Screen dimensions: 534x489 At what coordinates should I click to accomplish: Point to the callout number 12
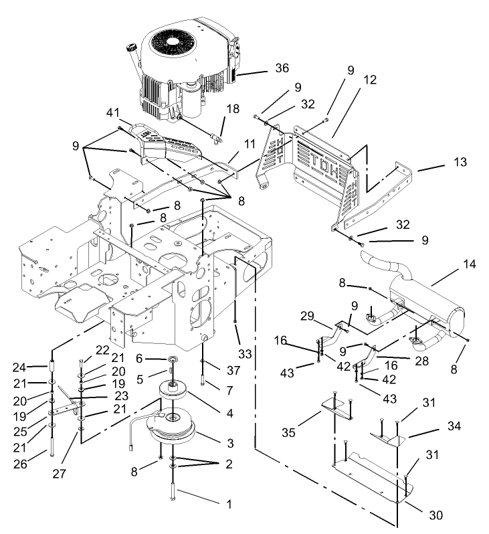pyautogui.click(x=370, y=80)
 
